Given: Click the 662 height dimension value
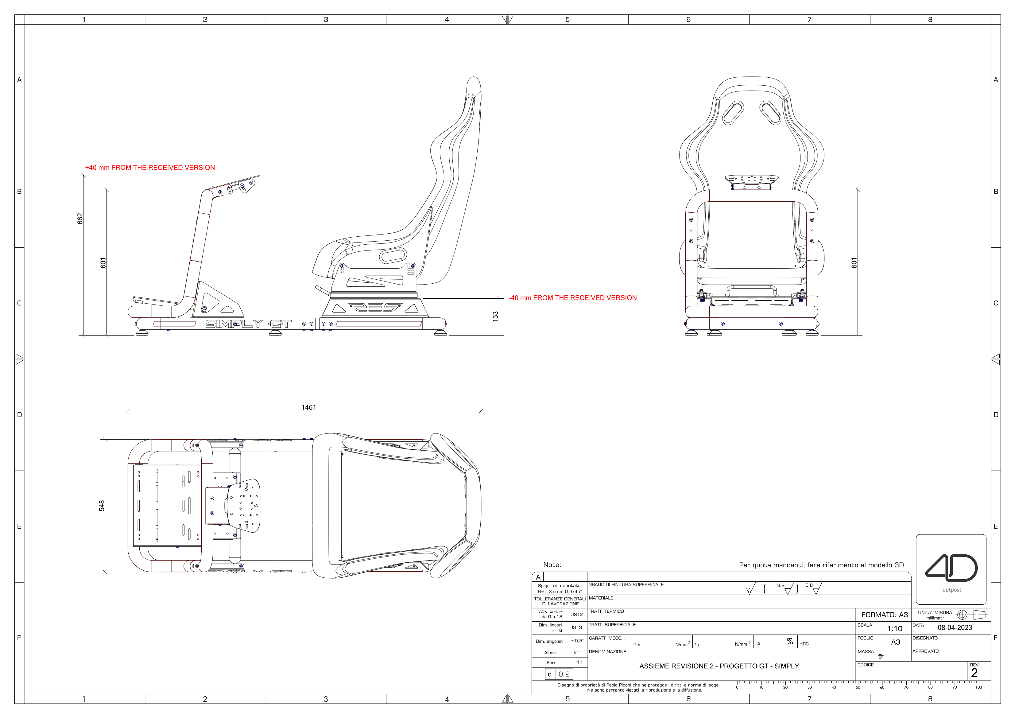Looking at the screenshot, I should pos(80,218).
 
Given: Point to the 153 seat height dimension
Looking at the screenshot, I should pos(496,316).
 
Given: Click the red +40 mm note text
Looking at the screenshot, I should pos(150,168).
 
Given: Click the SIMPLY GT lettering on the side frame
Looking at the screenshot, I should pos(248,324).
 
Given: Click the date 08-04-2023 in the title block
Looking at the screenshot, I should pos(955,628).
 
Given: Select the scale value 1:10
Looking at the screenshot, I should pos(894,629).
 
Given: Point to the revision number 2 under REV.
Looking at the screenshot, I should pos(974,673).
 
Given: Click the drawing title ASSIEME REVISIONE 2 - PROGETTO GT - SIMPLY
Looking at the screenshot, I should pos(719,666).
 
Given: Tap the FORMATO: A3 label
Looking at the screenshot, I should pos(884,615).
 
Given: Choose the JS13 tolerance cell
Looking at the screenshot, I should pos(576,627).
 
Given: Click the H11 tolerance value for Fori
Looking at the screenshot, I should pos(577,662).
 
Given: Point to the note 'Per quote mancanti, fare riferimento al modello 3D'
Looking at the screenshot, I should pos(821,565).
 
